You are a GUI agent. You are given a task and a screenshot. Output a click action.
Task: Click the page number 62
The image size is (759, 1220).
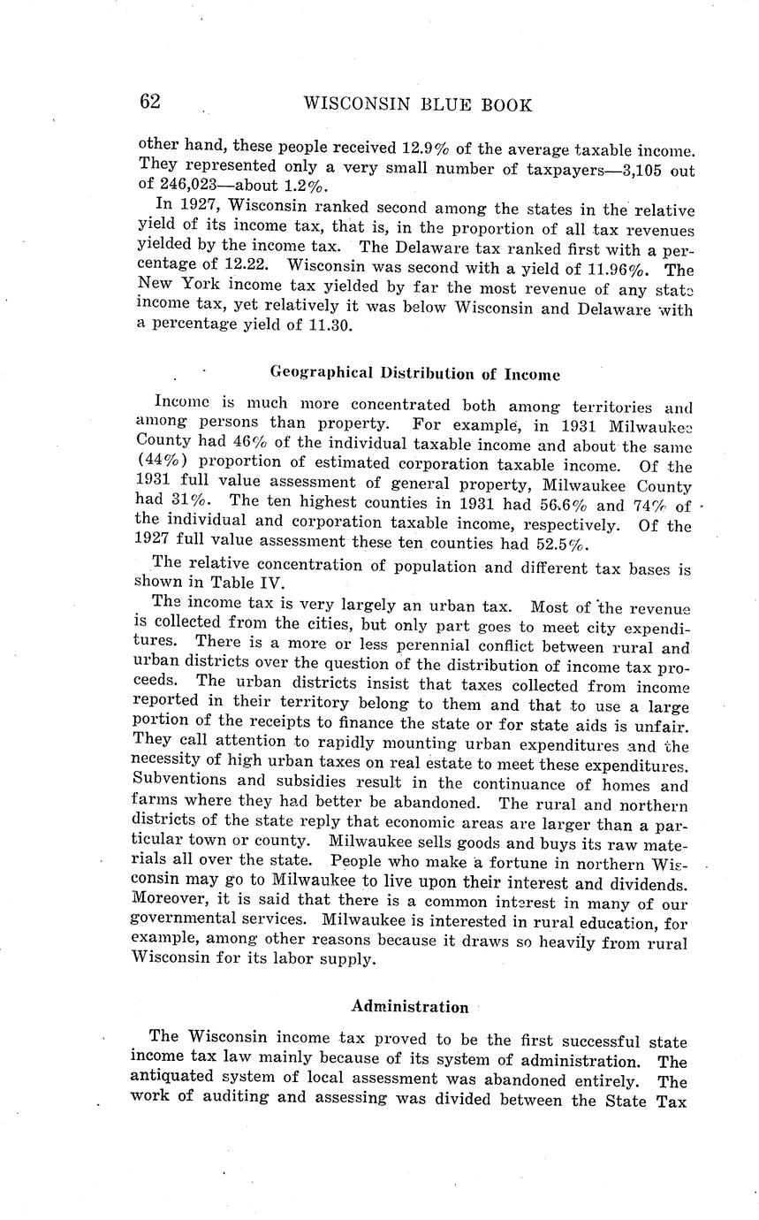149,102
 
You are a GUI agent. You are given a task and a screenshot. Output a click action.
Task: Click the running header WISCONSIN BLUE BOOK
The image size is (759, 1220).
418,105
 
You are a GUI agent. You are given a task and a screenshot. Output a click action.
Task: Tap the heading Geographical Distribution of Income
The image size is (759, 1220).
414,373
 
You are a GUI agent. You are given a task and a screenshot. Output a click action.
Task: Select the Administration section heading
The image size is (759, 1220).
410,1006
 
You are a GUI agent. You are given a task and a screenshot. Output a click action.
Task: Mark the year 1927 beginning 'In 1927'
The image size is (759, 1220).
204,206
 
